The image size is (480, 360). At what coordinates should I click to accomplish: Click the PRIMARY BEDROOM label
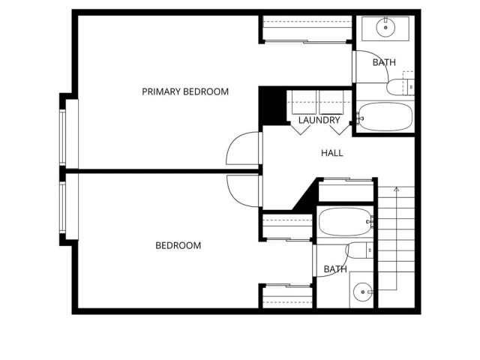(185, 91)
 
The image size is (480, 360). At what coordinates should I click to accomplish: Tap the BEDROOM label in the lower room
(178, 245)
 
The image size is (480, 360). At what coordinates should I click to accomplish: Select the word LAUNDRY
(319, 120)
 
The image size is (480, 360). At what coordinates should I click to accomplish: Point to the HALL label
(332, 153)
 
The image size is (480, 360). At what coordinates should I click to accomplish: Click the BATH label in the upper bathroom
(384, 62)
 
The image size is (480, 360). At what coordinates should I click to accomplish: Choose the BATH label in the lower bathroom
(335, 269)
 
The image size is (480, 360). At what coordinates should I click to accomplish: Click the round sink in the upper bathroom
(385, 28)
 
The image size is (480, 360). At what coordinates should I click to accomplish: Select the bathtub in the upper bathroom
(385, 116)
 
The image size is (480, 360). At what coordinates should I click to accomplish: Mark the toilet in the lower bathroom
(361, 250)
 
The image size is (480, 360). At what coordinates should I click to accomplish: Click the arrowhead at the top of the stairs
(395, 188)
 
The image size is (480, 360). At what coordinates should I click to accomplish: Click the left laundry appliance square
(303, 102)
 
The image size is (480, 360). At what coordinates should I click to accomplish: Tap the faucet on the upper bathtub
(361, 117)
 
